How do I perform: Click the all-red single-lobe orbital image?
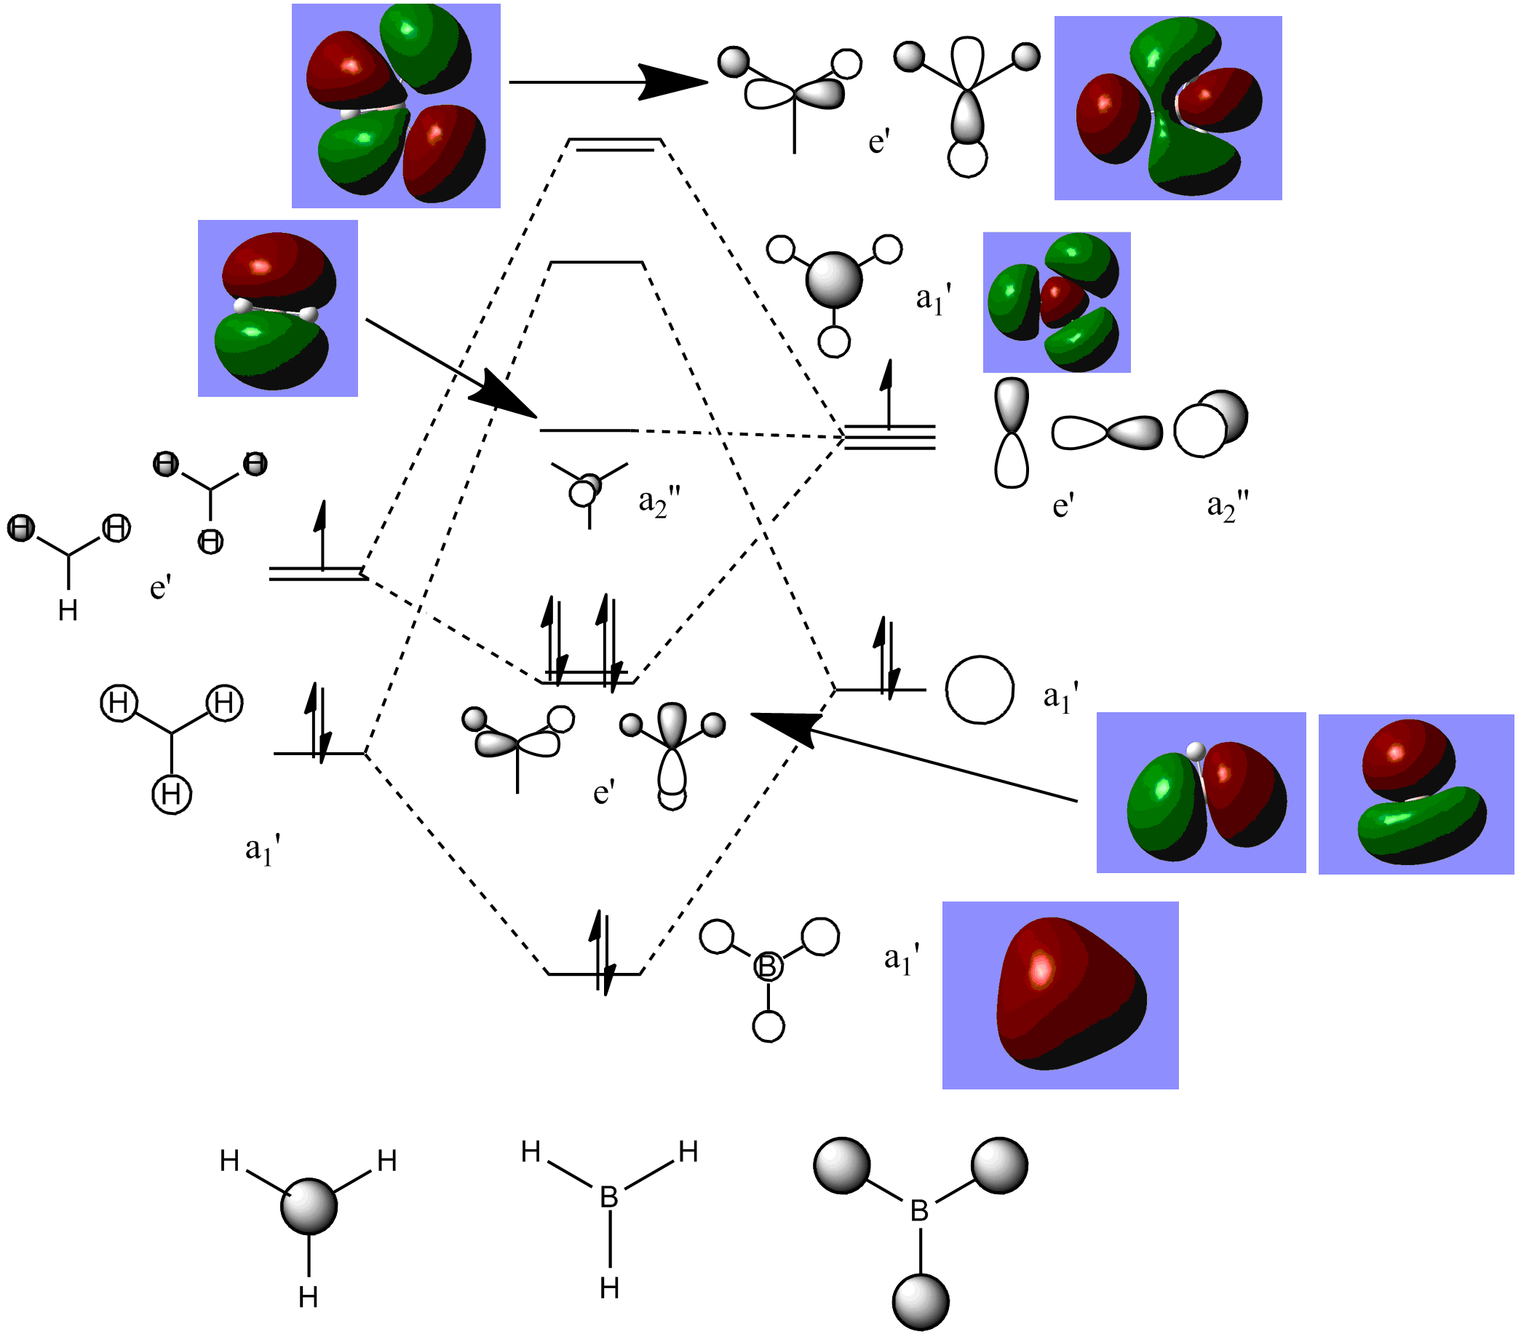[x=1060, y=995]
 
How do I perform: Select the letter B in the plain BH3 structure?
[x=608, y=1198]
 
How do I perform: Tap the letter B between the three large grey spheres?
[x=920, y=1211]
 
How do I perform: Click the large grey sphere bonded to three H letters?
[x=309, y=1206]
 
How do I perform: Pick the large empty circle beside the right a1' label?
[x=980, y=690]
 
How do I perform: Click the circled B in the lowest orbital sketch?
[x=768, y=967]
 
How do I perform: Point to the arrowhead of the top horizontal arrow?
[x=673, y=82]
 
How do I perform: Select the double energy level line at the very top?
[x=615, y=144]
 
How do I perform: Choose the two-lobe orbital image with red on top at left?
[x=277, y=308]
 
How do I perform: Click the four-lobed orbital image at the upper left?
[x=396, y=106]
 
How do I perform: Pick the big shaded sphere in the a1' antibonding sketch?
[x=833, y=280]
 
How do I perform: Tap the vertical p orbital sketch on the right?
[x=1012, y=433]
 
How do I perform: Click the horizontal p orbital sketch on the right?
[x=1106, y=433]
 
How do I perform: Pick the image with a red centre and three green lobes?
[x=1056, y=302]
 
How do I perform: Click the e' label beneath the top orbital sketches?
[x=879, y=141]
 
